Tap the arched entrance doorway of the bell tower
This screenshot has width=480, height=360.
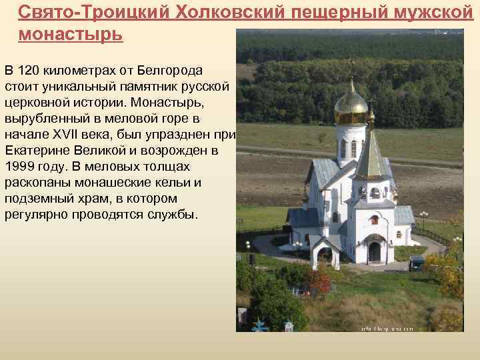375,251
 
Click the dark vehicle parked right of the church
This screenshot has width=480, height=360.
417,263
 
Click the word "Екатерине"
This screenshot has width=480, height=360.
35,151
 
